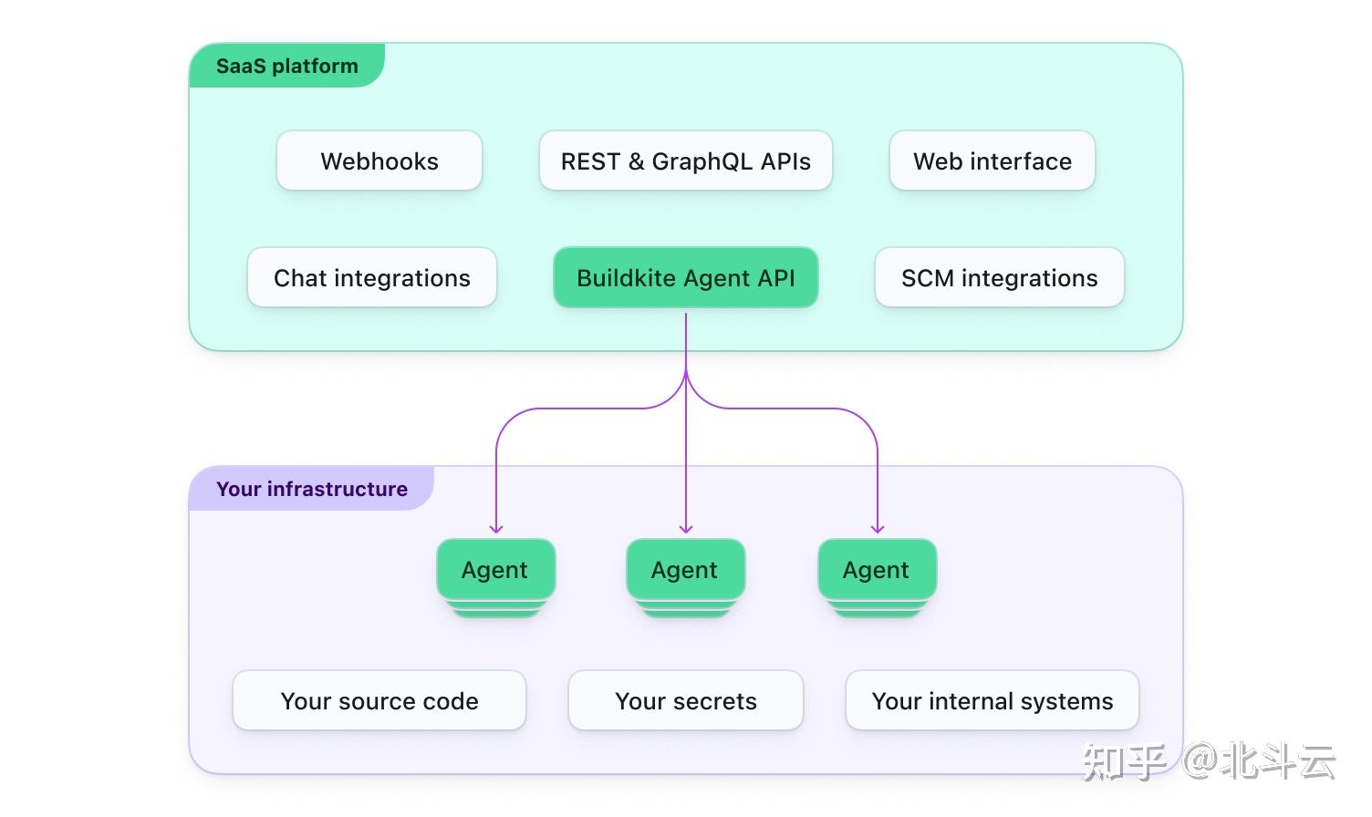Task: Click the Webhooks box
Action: pyautogui.click(x=379, y=160)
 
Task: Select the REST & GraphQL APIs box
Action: pyautogui.click(x=685, y=160)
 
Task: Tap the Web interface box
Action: pyautogui.click(x=993, y=160)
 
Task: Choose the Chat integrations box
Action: pyautogui.click(x=372, y=277)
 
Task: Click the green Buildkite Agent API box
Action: pyautogui.click(x=685, y=277)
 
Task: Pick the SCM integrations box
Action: pyautogui.click(x=1000, y=277)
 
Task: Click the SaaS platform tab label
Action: pyautogui.click(x=287, y=66)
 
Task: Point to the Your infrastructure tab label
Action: pyautogui.click(x=312, y=489)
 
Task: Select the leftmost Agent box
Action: pyautogui.click(x=495, y=570)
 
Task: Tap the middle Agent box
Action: pyautogui.click(x=685, y=570)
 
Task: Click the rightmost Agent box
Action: pyautogui.click(x=877, y=570)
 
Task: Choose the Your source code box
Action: pyautogui.click(x=379, y=700)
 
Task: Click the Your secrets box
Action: pyautogui.click(x=685, y=700)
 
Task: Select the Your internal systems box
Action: pyautogui.click(x=993, y=700)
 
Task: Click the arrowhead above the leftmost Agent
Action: pyautogui.click(x=496, y=529)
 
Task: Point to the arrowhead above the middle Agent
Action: pyautogui.click(x=686, y=529)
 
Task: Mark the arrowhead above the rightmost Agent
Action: pyautogui.click(x=878, y=529)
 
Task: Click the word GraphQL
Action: pyautogui.click(x=702, y=161)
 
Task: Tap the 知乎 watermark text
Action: pyautogui.click(x=1124, y=762)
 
